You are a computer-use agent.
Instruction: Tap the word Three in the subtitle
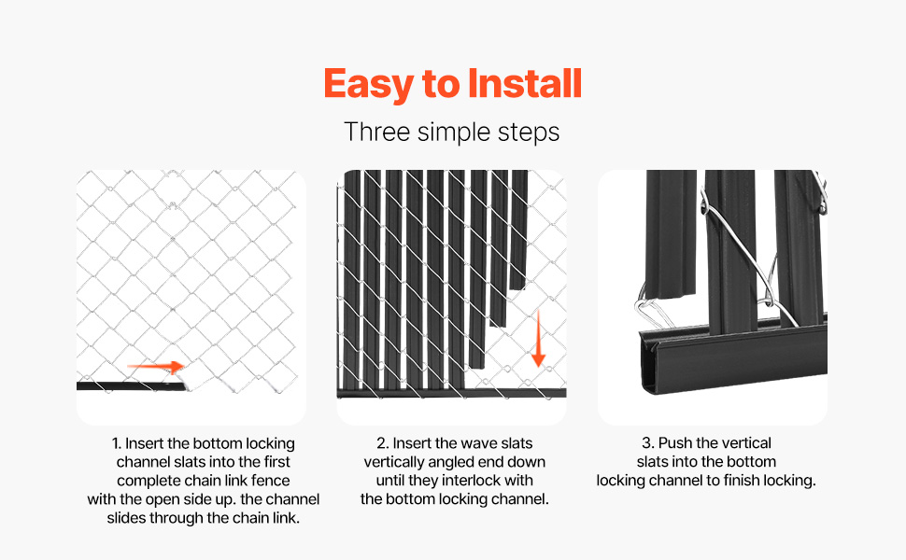376,132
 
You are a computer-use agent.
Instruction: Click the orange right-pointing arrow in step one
155,366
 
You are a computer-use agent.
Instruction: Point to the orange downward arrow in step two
538,338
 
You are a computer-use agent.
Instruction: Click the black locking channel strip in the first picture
131,386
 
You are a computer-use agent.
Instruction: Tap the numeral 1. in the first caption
116,443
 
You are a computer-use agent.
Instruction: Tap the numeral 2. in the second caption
382,443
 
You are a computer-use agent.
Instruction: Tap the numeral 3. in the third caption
647,442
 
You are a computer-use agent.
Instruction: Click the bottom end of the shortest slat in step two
517,287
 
